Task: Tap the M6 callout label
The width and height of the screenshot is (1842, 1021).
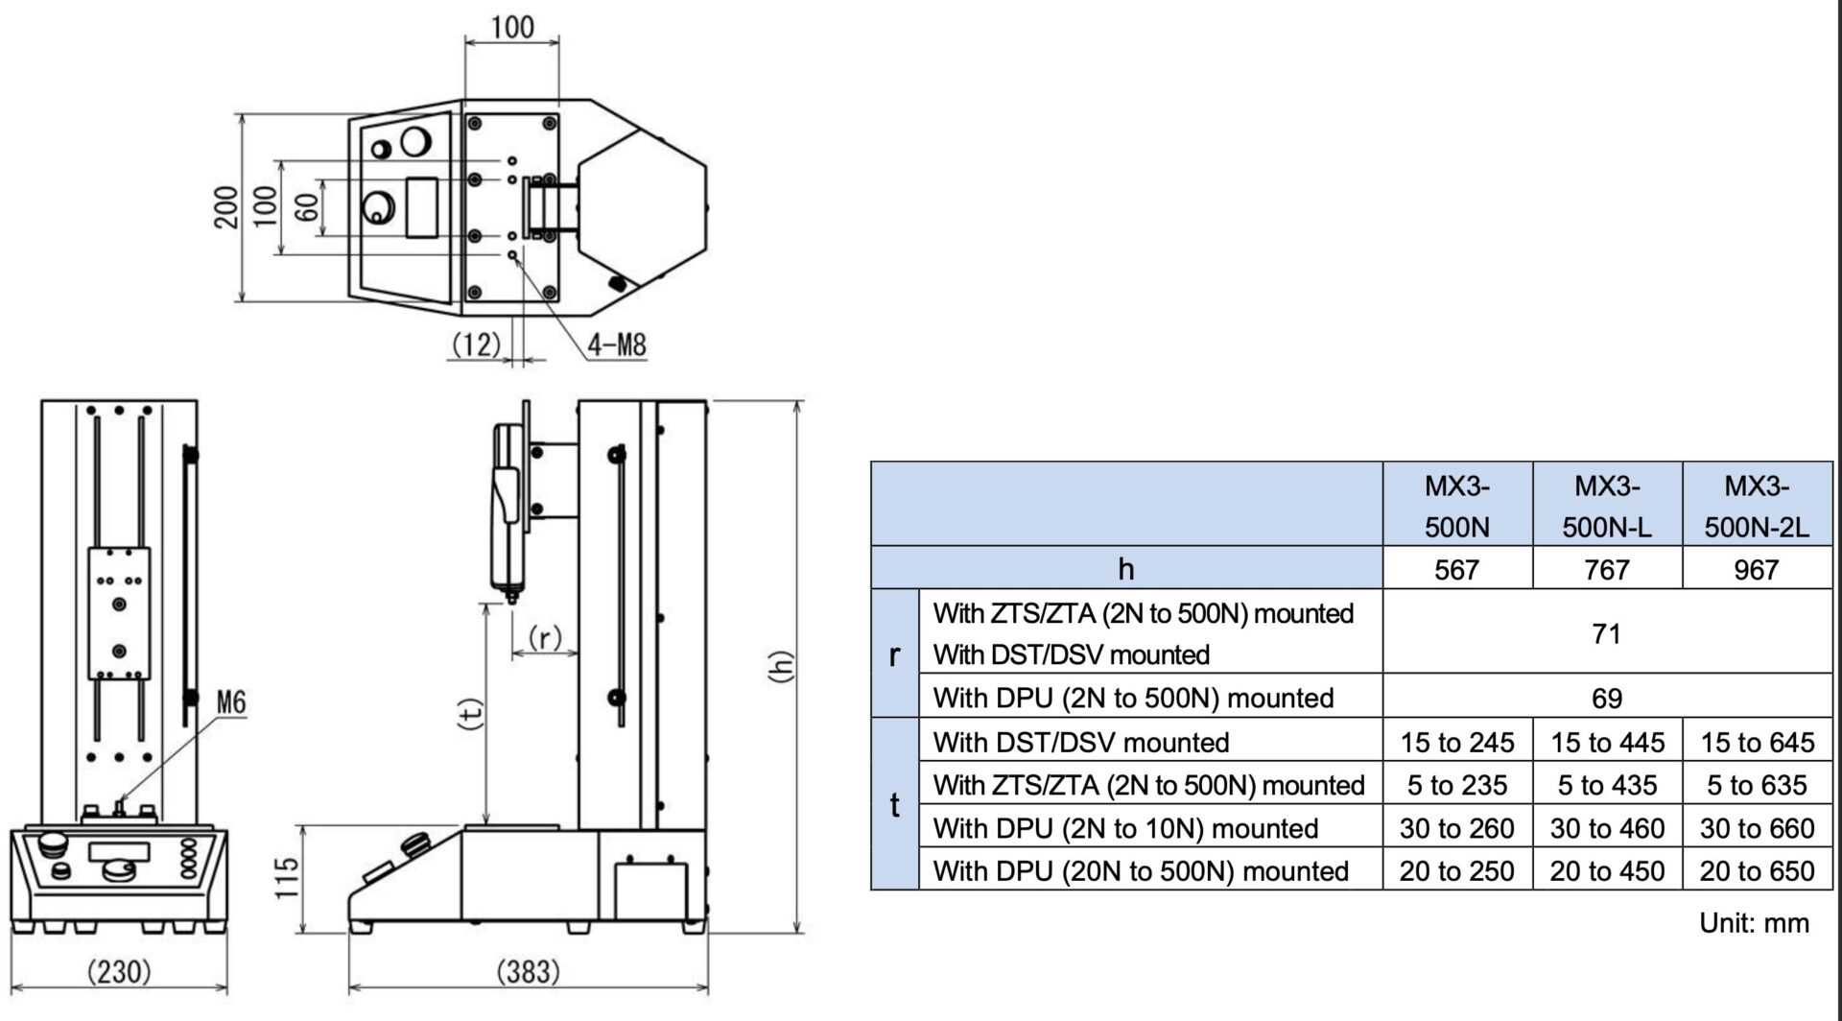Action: coord(230,702)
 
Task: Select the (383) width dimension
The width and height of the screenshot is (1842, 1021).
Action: coord(528,972)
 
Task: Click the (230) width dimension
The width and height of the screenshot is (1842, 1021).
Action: coord(119,972)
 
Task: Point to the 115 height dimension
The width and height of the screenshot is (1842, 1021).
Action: coord(286,877)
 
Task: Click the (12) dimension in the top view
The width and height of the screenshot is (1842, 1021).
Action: coord(476,344)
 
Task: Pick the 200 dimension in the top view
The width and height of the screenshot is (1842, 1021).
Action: coord(225,206)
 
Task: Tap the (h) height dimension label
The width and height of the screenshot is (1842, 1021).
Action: coord(782,666)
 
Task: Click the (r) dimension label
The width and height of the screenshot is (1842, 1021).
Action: coord(545,637)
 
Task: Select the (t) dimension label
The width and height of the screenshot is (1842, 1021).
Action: coord(470,713)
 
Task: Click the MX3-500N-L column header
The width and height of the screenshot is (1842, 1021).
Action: coord(1607,506)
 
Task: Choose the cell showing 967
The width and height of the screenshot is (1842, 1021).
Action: coord(1757,569)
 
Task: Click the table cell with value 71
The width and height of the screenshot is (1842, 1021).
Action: coord(1607,633)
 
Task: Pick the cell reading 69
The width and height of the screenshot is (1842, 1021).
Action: coord(1607,698)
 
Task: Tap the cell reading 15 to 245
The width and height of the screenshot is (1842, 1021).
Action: coord(1456,742)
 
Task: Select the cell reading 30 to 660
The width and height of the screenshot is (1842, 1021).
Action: coord(1757,828)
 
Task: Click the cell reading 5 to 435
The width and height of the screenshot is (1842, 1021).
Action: coord(1607,785)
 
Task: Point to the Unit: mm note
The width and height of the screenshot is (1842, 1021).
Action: coord(1754,922)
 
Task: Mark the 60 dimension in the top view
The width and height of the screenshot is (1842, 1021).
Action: coord(307,206)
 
